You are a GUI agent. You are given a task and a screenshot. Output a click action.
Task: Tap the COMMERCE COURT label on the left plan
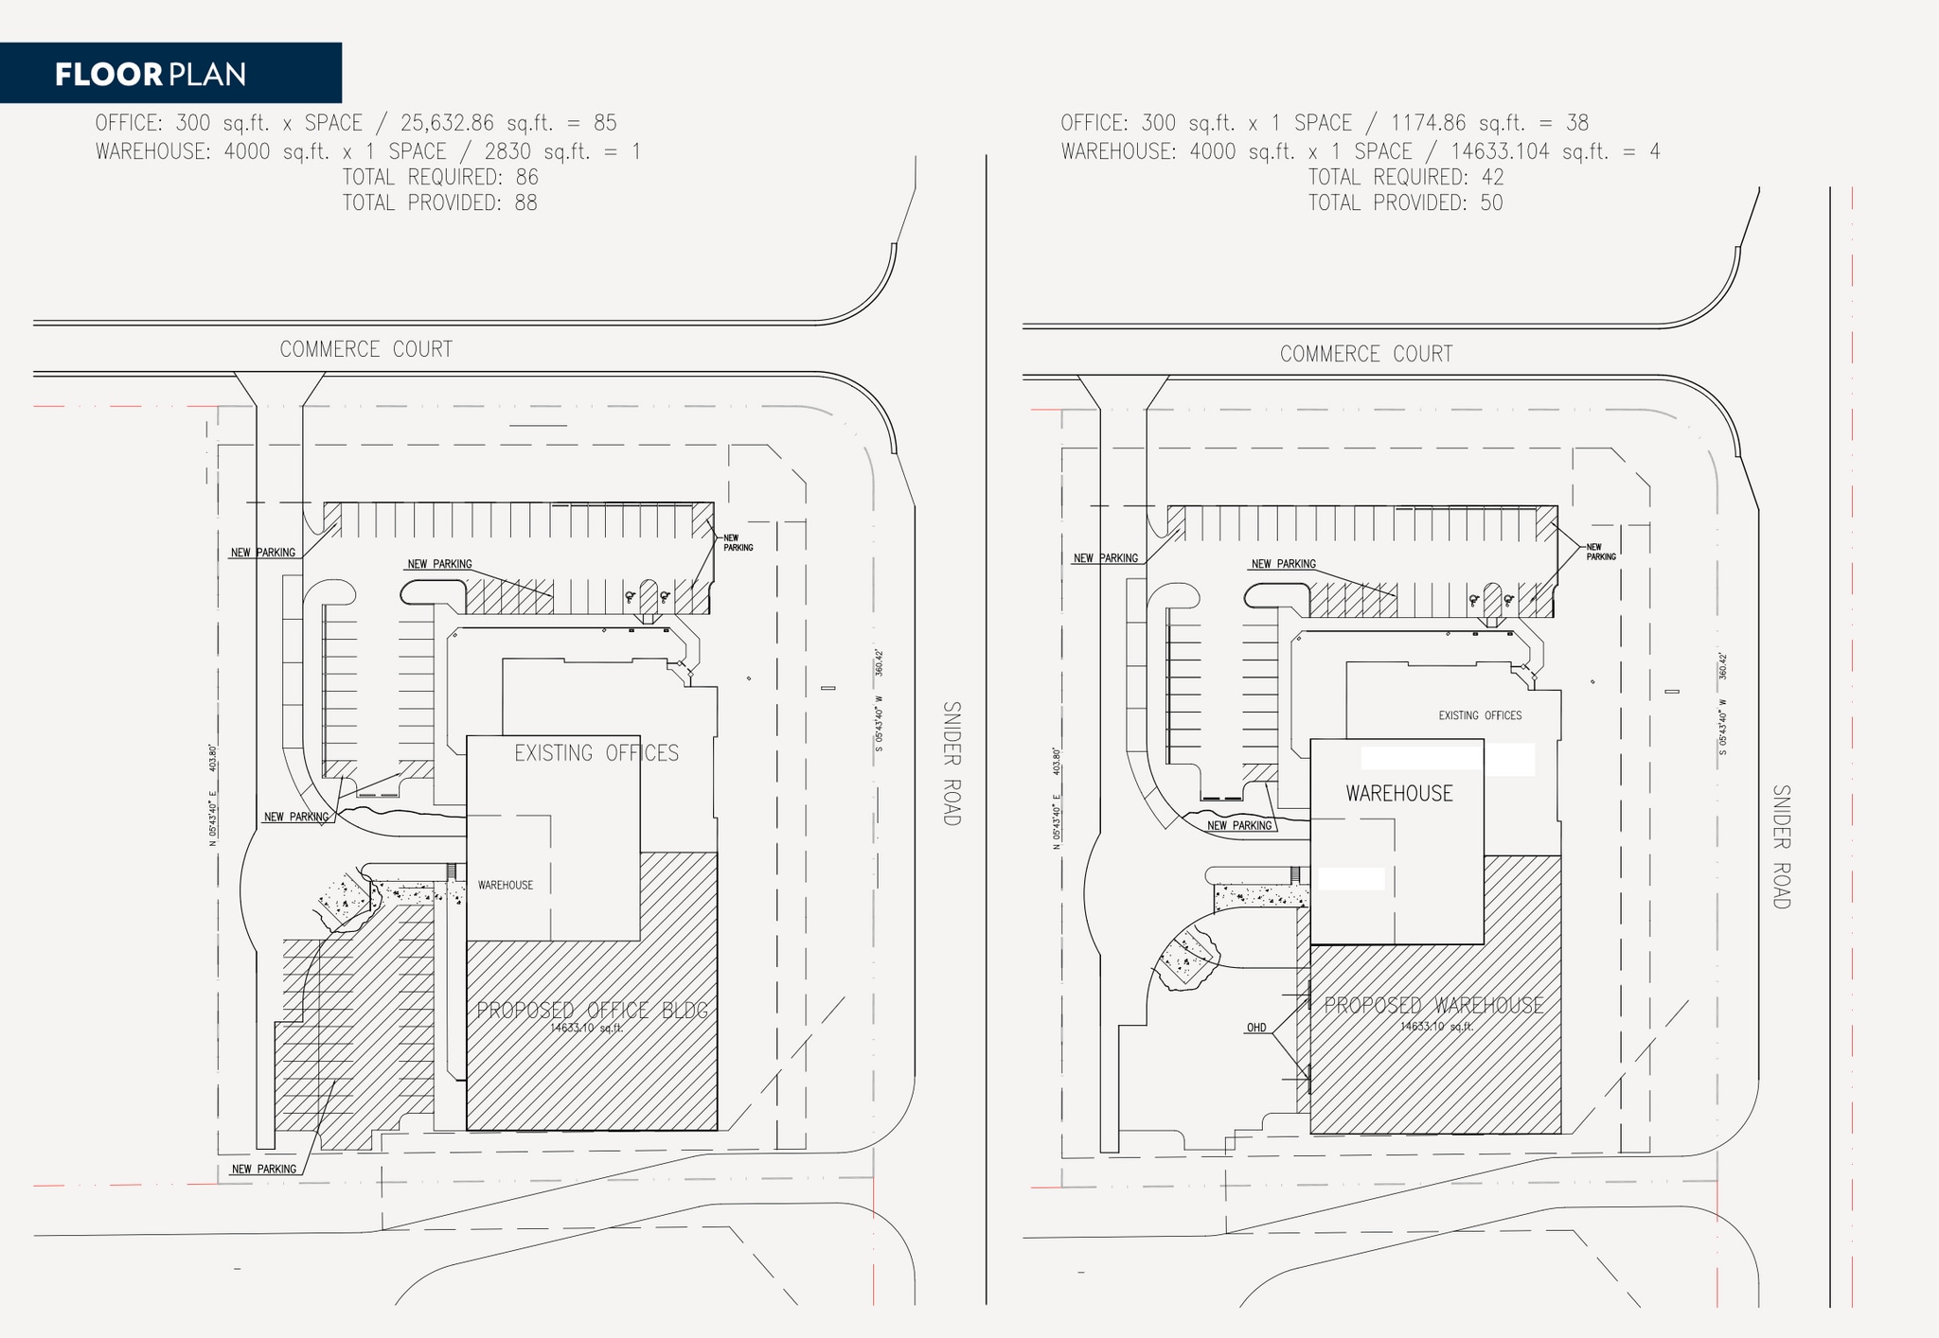pos(366,350)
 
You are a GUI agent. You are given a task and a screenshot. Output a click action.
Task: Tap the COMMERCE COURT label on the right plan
pos(1366,355)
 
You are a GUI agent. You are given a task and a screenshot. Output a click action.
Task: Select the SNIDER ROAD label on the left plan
pos(952,764)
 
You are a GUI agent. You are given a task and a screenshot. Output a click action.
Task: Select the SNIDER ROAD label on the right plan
pos(1782,847)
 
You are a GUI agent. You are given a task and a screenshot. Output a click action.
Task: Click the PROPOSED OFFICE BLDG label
pos(592,1011)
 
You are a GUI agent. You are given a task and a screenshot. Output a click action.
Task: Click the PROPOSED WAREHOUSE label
pos(1433,1006)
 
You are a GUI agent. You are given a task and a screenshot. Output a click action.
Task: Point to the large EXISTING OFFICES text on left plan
pos(596,754)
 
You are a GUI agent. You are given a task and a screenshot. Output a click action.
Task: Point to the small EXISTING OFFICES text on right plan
pos(1480,716)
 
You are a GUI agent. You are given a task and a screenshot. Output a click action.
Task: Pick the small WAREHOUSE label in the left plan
pos(506,886)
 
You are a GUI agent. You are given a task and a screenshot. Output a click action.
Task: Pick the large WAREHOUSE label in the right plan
pos(1399,794)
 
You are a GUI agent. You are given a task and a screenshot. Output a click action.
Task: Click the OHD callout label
pos(1256,1028)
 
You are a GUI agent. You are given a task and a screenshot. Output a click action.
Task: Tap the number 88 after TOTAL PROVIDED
pos(525,203)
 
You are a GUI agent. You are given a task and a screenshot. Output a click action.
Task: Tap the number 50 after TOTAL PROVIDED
pos(1491,203)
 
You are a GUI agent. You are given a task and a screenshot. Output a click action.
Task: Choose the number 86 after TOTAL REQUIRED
pos(526,178)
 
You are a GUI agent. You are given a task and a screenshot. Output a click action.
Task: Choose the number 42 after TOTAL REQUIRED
pos(1492,178)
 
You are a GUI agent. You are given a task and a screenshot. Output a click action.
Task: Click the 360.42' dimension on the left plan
pos(879,662)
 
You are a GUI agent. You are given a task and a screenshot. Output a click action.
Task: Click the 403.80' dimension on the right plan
pos(1057,761)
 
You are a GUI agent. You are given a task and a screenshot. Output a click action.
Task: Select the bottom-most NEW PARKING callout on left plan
pos(264,1170)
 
